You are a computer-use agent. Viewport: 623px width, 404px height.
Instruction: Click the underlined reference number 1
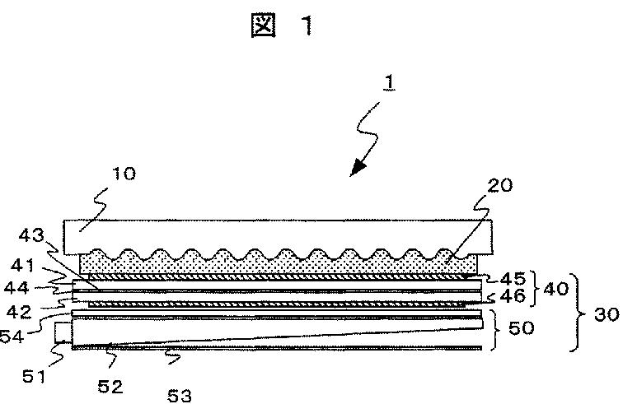click(x=385, y=85)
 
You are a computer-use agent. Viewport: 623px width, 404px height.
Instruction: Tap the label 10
click(x=125, y=174)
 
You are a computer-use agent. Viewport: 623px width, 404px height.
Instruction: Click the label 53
click(x=179, y=395)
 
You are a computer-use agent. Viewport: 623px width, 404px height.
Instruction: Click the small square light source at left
click(x=63, y=332)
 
